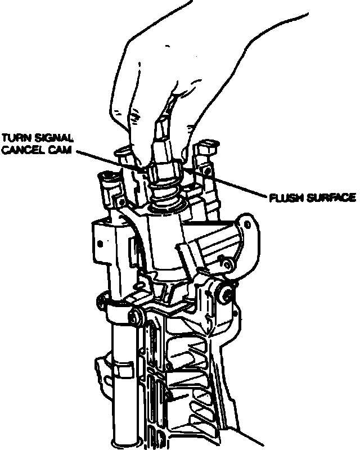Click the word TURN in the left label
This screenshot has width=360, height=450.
click(14, 137)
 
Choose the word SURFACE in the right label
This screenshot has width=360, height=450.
click(330, 198)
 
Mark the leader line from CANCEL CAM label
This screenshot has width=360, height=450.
click(107, 159)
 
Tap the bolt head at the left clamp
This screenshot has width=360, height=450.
click(135, 317)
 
